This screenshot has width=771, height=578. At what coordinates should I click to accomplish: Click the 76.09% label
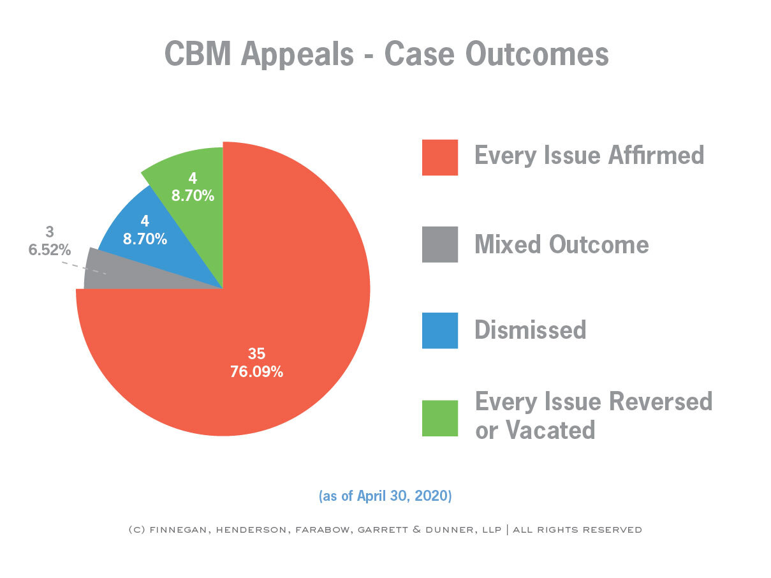click(x=256, y=371)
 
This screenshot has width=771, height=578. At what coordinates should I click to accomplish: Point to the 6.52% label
click(x=49, y=250)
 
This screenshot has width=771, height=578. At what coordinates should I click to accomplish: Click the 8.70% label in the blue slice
click(x=145, y=239)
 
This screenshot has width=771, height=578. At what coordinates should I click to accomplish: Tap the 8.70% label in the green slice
click(x=193, y=196)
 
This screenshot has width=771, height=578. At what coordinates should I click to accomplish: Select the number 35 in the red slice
click(x=256, y=354)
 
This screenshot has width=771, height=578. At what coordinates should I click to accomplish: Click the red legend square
click(x=439, y=157)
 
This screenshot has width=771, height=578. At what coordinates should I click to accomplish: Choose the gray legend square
click(x=439, y=244)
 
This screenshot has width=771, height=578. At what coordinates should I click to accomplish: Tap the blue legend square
click(x=439, y=330)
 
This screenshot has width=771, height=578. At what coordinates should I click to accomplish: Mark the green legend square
click(x=439, y=418)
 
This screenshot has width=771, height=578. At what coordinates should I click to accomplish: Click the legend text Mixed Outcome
click(x=561, y=244)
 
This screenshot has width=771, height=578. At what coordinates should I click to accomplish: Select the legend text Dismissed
click(x=530, y=330)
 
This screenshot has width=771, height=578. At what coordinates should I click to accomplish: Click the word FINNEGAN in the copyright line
click(x=181, y=530)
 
